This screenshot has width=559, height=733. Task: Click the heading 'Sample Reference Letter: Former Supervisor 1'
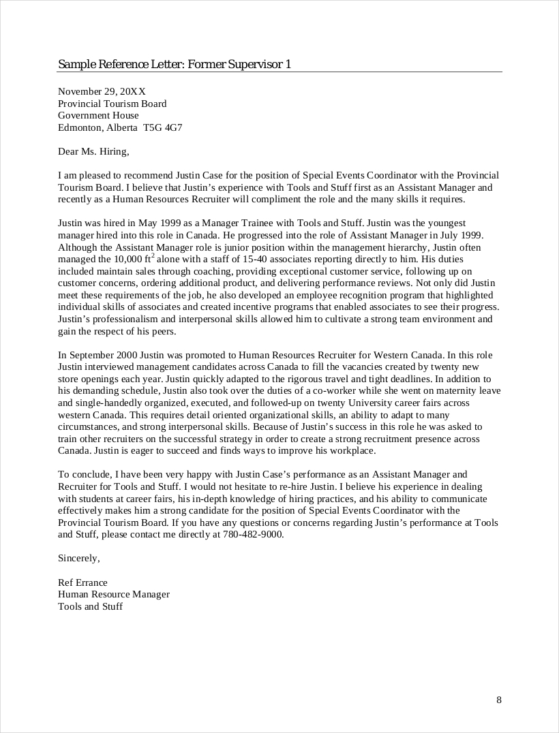click(x=175, y=65)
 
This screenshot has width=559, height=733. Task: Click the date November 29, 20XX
click(x=102, y=91)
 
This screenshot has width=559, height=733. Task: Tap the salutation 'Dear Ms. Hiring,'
click(x=93, y=151)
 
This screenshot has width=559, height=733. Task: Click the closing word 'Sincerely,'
click(x=79, y=559)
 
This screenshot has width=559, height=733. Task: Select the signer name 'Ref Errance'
click(x=82, y=582)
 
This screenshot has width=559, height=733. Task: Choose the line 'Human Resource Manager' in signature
click(x=114, y=594)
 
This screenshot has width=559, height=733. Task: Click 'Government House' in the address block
click(x=98, y=115)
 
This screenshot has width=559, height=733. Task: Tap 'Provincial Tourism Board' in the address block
click(x=112, y=104)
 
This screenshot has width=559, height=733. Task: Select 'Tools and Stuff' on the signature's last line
click(x=90, y=606)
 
